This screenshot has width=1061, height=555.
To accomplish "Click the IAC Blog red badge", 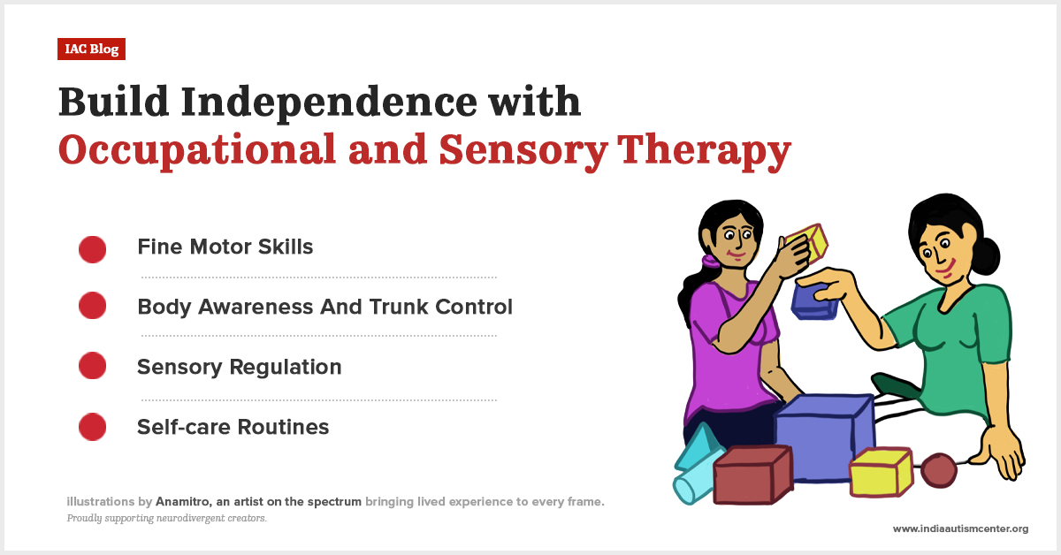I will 92,49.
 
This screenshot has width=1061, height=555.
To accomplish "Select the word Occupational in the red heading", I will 197,150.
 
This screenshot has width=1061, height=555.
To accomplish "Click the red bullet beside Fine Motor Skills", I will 93,249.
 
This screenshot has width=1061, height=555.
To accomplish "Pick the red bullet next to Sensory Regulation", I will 93,367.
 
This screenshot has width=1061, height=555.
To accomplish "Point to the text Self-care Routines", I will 233,428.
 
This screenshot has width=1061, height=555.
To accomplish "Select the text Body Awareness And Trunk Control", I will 324,308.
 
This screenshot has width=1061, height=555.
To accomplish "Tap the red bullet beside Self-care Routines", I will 93,428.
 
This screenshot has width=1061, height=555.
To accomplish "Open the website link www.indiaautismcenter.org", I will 960,528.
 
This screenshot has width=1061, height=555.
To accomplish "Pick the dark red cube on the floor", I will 752,475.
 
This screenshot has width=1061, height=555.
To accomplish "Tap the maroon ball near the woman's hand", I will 938,471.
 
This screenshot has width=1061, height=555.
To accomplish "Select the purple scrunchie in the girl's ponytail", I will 707,262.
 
